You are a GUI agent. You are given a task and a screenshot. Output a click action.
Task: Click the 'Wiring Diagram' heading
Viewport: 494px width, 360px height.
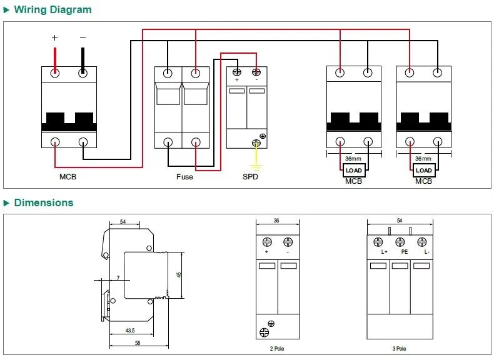coord(53,10)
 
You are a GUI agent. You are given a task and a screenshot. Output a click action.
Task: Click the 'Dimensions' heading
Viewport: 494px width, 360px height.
coord(44,202)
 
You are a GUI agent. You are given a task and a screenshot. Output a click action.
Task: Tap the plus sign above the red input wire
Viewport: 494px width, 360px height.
coord(55,37)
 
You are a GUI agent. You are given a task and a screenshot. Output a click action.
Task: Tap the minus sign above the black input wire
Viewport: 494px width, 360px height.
coord(83,37)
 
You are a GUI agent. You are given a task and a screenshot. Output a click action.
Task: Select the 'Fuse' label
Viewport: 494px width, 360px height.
coord(184,177)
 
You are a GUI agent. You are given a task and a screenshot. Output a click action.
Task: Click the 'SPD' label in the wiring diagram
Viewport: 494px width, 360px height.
coord(250,177)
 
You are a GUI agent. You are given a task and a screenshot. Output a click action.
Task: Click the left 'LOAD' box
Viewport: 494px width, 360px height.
coord(354,171)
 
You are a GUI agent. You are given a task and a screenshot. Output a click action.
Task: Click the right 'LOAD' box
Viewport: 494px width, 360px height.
coord(424,171)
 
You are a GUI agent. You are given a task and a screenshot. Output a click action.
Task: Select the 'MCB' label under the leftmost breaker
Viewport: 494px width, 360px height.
coord(68,177)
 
